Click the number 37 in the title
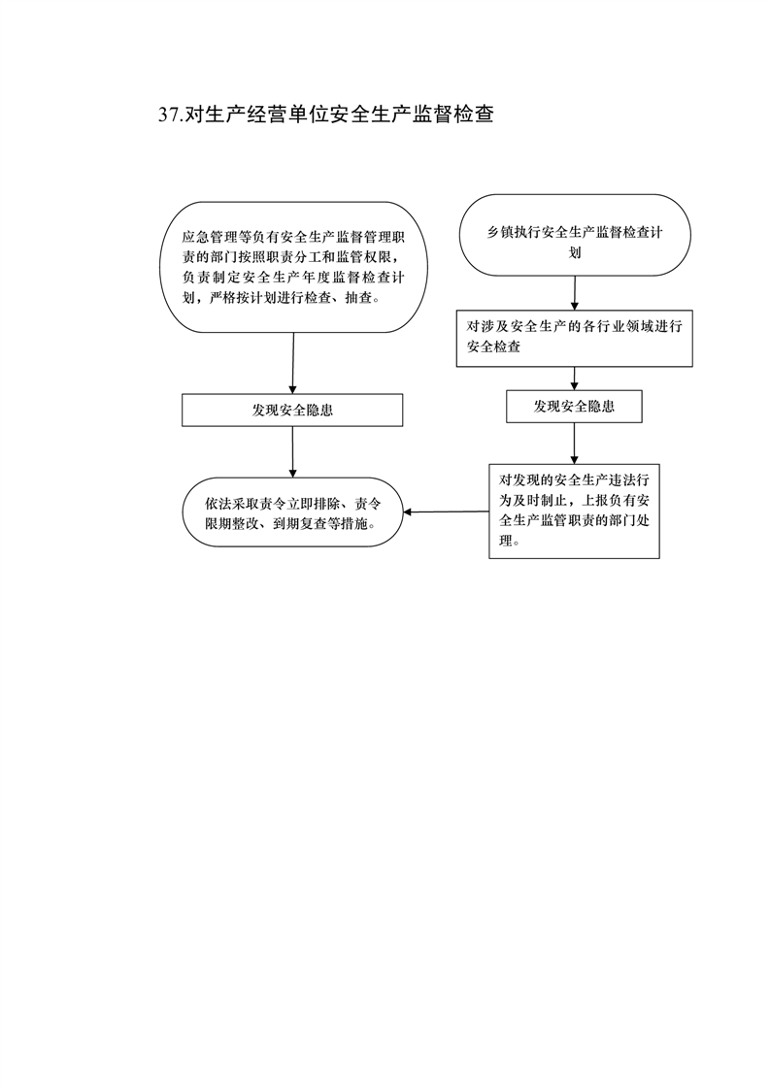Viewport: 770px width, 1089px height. pos(169,115)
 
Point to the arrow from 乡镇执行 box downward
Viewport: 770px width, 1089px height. pos(575,292)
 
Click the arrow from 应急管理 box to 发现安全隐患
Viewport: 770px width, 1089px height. pos(292,363)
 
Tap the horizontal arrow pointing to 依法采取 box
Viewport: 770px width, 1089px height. pos(446,511)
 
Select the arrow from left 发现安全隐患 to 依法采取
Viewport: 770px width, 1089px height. pos(292,451)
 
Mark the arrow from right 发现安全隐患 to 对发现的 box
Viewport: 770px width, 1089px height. pos(574,444)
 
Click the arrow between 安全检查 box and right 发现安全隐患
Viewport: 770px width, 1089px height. pos(574,379)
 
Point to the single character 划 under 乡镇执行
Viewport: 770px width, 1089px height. pos(575,252)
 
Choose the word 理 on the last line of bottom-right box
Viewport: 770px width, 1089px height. pos(506,541)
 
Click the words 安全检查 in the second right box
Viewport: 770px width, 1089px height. pos(493,346)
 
